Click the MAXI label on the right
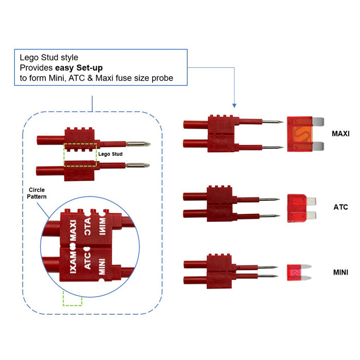pyautogui.click(x=340, y=133)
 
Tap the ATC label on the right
pyautogui.click(x=340, y=207)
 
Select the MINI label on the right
pyautogui.click(x=340, y=272)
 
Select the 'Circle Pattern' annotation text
pyautogui.click(x=37, y=193)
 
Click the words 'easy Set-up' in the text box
pyautogui.click(x=82, y=67)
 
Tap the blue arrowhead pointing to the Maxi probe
pyautogui.click(x=234, y=104)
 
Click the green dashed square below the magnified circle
pyautogui.click(x=72, y=298)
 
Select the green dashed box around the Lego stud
pyautogui.click(x=80, y=154)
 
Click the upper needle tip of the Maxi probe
pyautogui.click(x=280, y=122)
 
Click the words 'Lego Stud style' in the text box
pyautogui.click(x=49, y=58)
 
